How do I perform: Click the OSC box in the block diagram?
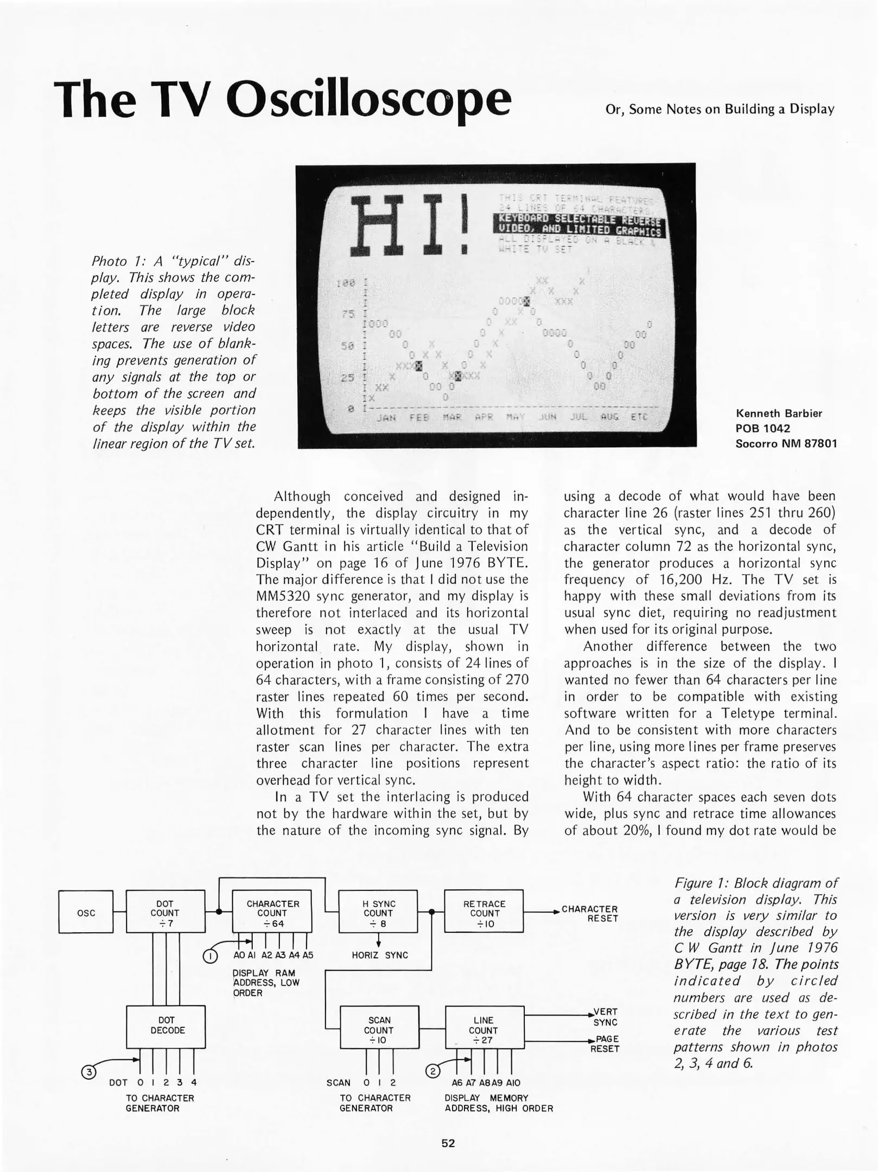tap(86, 913)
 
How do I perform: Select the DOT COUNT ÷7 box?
tap(165, 913)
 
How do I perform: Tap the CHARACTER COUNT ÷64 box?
tap(272, 913)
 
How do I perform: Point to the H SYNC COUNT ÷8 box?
tap(378, 913)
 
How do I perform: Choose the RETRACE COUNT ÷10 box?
tap(483, 913)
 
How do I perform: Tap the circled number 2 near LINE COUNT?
tap(432, 1071)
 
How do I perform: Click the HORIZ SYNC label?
tap(380, 955)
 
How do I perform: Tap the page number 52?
tap(448, 1144)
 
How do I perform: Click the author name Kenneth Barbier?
tap(778, 413)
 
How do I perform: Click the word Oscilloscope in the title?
tap(369, 100)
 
